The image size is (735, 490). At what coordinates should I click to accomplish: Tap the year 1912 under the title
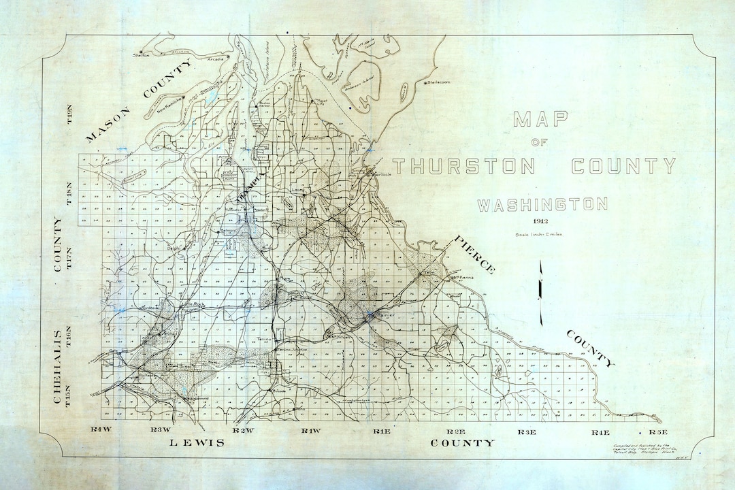tap(542, 222)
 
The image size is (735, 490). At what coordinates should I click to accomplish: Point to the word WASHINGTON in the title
tap(542, 204)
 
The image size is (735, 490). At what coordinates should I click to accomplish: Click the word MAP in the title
tap(540, 120)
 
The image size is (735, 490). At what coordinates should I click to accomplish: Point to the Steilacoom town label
tap(441, 82)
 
